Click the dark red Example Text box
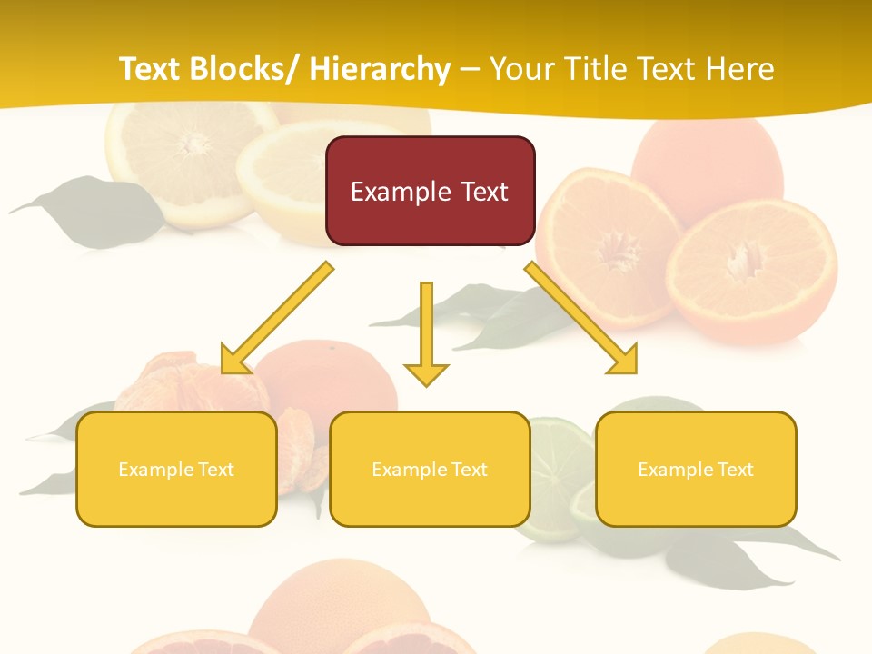[x=430, y=191]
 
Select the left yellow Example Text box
[x=176, y=469]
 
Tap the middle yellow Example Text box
[x=430, y=469]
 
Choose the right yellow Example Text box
[x=696, y=469]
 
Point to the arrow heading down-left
[x=276, y=319]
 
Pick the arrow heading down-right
[x=582, y=319]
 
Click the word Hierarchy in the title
[x=380, y=69]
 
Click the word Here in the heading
[x=739, y=69]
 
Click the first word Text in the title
[x=149, y=69]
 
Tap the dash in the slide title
[x=470, y=69]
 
